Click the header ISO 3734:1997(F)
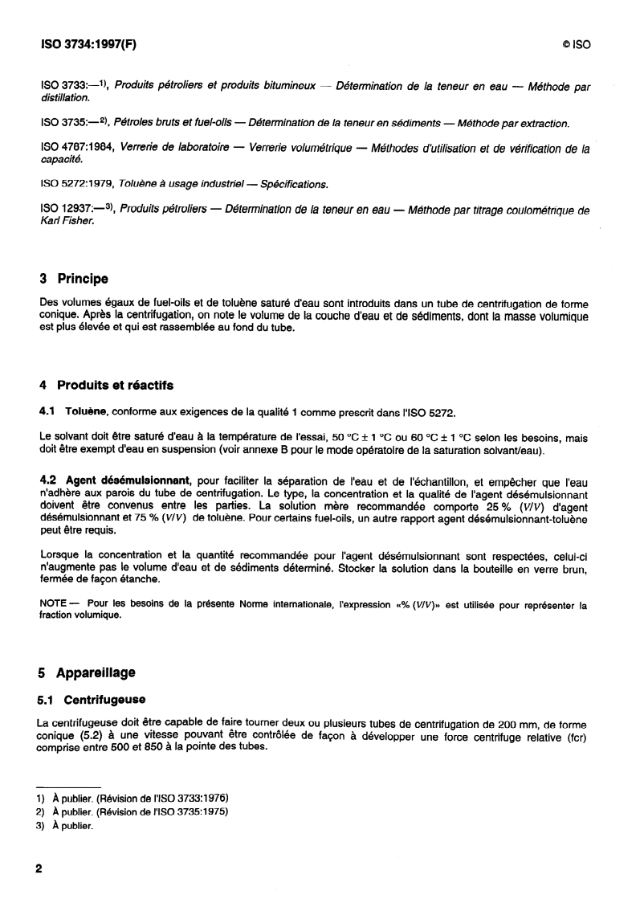point(88,44)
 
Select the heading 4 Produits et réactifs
point(106,385)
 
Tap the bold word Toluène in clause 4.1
point(86,412)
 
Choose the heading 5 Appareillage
point(87,672)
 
